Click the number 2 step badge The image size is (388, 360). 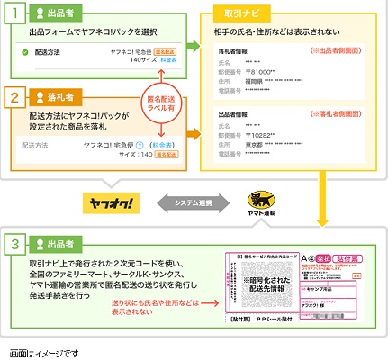15,94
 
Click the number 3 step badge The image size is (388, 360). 15,245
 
